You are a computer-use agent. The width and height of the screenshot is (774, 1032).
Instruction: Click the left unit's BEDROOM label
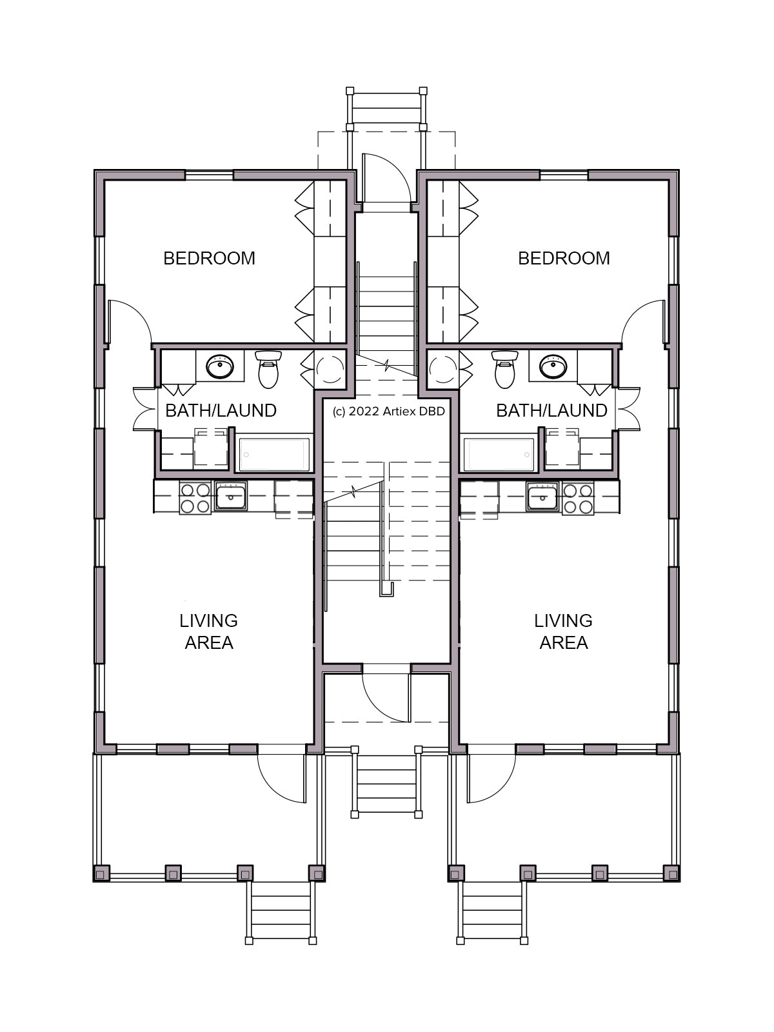click(209, 258)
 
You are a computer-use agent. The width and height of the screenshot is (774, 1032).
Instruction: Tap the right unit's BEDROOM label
click(564, 258)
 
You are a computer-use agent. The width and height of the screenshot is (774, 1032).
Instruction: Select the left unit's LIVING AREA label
click(208, 631)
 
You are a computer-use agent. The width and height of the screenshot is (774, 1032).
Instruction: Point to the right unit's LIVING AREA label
click(564, 631)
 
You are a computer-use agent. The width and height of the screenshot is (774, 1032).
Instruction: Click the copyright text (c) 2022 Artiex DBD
click(389, 412)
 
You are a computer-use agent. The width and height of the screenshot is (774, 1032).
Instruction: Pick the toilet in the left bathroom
click(268, 370)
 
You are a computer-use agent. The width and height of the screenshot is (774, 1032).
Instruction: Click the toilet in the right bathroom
click(505, 370)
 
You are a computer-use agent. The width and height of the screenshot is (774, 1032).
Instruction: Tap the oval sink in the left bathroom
click(220, 367)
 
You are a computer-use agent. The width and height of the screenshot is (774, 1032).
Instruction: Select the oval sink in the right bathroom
click(553, 367)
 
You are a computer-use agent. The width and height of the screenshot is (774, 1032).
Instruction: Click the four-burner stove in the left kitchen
click(195, 498)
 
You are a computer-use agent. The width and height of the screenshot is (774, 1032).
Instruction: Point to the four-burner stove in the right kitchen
click(578, 498)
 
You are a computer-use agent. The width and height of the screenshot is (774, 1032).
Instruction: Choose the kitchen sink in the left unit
click(231, 496)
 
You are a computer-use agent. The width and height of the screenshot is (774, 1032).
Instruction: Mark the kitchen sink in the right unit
click(542, 496)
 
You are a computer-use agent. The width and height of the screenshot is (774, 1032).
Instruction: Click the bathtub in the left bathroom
click(275, 455)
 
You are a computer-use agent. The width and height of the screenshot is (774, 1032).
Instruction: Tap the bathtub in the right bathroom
click(499, 455)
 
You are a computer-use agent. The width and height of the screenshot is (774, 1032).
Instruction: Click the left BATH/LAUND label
click(221, 411)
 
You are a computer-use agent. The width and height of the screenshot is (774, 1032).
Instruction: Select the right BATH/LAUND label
click(551, 411)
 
